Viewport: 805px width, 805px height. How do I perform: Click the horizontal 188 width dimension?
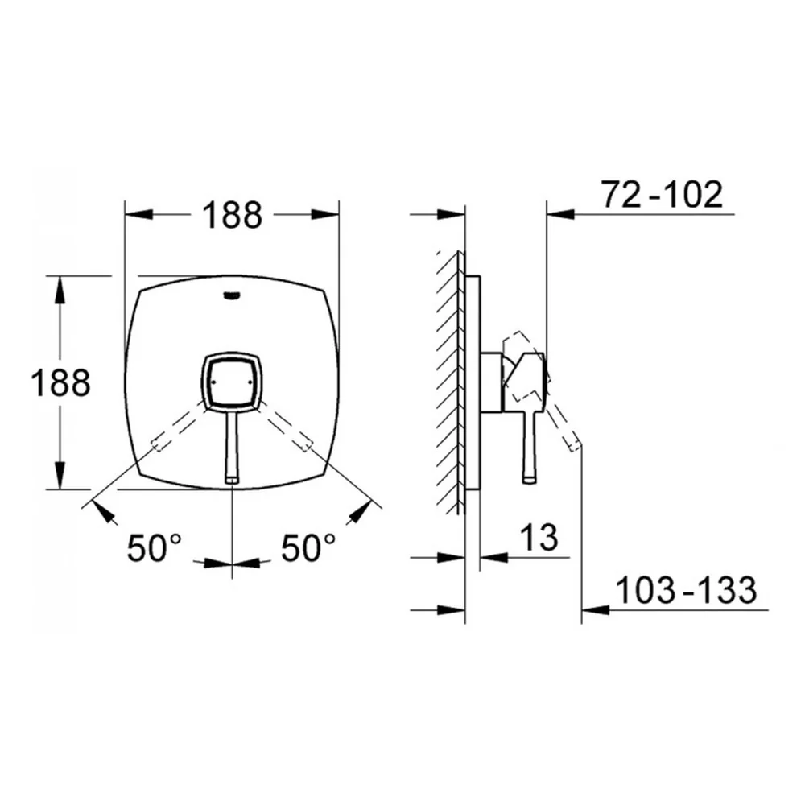(x=232, y=215)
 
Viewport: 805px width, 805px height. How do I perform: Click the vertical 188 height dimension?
(x=60, y=382)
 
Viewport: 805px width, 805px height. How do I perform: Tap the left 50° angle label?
(x=154, y=547)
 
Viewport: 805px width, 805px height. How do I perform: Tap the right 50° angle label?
(x=308, y=547)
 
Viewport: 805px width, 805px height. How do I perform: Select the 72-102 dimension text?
(x=663, y=195)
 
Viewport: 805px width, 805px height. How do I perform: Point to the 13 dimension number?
(x=539, y=538)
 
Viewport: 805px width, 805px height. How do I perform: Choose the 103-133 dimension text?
(x=686, y=590)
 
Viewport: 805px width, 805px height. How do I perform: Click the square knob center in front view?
(x=232, y=382)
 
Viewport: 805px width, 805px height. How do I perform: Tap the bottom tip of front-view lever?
(x=232, y=481)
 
